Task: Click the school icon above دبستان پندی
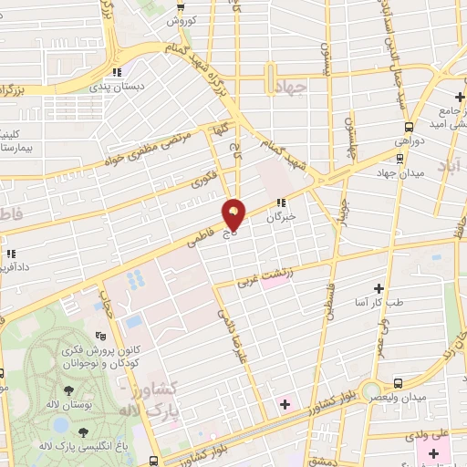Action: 116,72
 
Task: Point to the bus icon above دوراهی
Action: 409,128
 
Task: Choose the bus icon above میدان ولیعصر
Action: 398,384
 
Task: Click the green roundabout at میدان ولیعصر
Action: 372,393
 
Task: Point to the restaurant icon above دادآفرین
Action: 10,254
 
